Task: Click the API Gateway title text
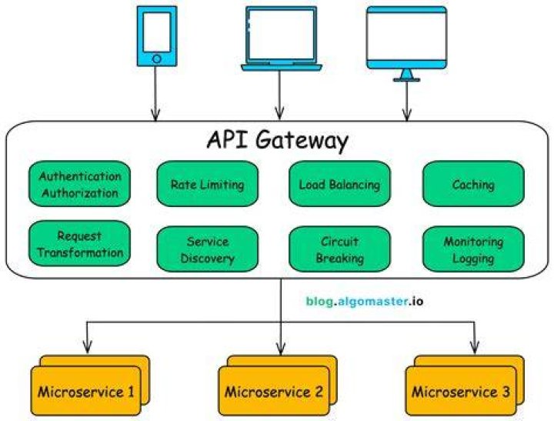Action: (x=277, y=141)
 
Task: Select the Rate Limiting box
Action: (x=208, y=184)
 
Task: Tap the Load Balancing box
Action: (x=339, y=184)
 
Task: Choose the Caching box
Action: (x=473, y=184)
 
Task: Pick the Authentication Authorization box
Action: (x=79, y=184)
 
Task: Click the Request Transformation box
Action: (x=79, y=243)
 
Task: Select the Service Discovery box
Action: (x=208, y=249)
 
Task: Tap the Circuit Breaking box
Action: (x=339, y=249)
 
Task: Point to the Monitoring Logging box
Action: (x=473, y=249)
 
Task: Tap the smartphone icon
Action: (x=157, y=36)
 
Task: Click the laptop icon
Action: (x=282, y=39)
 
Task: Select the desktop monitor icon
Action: (x=407, y=44)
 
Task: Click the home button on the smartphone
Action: (x=157, y=58)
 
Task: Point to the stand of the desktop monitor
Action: (x=407, y=75)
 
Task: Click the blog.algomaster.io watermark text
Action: (x=364, y=302)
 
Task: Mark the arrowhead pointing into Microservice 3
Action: (x=475, y=347)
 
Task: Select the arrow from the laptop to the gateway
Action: (x=279, y=95)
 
